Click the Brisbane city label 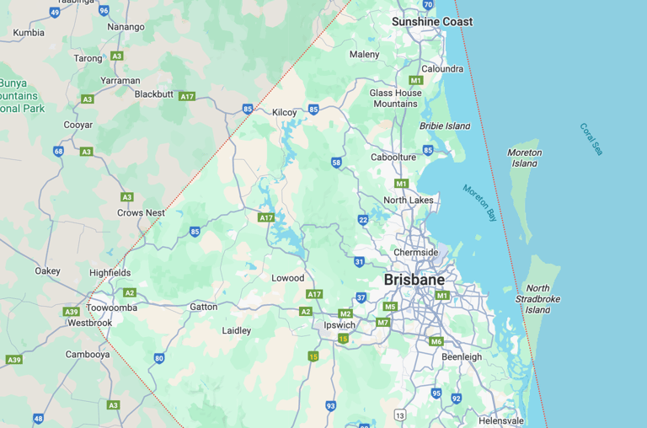tap(414, 280)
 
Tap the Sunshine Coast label tap(431, 22)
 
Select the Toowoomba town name tap(111, 308)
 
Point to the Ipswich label tap(340, 324)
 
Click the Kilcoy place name tap(285, 112)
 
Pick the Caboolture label tap(393, 158)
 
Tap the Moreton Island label tap(524, 158)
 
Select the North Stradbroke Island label tap(537, 299)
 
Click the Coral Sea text tap(591, 139)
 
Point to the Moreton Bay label tap(480, 203)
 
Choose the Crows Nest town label tap(141, 213)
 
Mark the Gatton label tap(203, 307)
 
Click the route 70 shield tap(428, 5)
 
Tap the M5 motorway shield tap(389, 307)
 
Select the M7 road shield tap(382, 322)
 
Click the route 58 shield tap(336, 163)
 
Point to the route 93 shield tap(331, 406)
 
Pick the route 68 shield tap(58, 152)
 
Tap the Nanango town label tap(126, 27)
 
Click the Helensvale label tap(500, 420)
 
